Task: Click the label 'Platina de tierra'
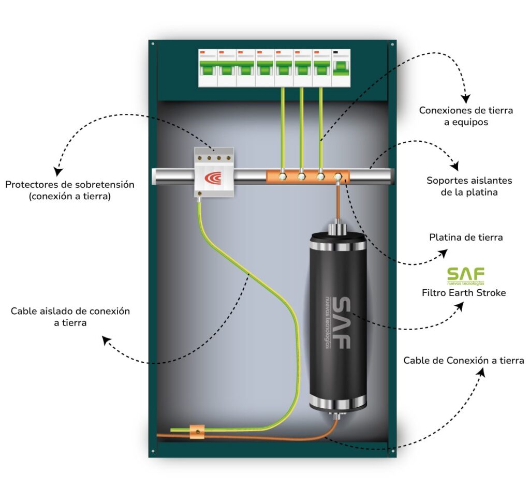466,238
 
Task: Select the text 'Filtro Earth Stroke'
464,293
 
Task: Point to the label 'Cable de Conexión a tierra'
464,360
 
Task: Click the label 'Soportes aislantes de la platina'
469,186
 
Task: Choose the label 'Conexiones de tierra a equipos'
466,116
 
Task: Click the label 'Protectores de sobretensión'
70,184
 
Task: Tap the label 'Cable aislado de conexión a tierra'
70,317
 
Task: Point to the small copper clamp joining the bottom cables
197,431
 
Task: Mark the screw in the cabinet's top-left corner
153,45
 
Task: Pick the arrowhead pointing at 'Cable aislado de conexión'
106,340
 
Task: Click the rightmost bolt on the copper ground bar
338,177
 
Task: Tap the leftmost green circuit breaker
208,67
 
